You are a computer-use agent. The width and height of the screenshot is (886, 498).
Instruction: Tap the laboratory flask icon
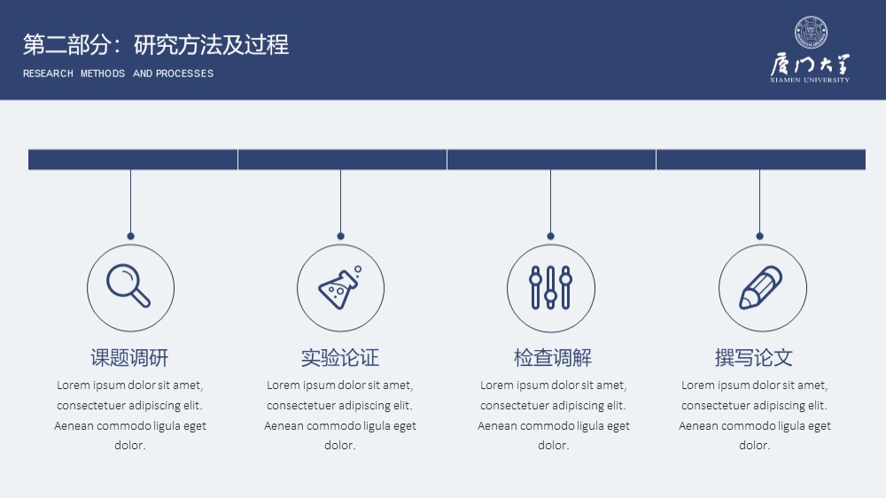(x=339, y=288)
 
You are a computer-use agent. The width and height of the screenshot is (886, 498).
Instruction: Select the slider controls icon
(x=551, y=288)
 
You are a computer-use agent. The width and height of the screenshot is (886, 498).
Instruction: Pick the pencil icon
(x=761, y=288)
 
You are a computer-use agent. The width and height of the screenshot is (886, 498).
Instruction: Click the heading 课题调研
(x=129, y=358)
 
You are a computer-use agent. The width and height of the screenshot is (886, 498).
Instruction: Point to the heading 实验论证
(x=340, y=358)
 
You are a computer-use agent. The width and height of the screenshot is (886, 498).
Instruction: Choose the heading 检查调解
(x=553, y=358)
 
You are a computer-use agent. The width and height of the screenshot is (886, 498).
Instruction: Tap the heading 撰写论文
(x=754, y=358)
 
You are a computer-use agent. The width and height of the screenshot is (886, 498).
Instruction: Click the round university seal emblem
(x=811, y=32)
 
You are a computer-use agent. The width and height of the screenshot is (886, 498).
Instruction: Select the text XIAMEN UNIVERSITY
(x=810, y=81)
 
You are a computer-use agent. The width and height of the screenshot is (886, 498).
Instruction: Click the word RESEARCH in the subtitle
(x=48, y=74)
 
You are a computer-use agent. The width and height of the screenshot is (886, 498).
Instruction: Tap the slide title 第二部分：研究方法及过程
(x=156, y=44)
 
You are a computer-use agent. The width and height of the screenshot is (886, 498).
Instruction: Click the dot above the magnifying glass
(x=130, y=237)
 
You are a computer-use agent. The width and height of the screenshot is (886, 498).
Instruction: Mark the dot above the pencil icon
(x=759, y=237)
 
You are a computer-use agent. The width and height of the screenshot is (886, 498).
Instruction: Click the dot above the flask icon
(x=340, y=237)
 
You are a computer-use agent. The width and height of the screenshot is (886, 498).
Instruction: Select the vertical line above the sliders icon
(x=550, y=201)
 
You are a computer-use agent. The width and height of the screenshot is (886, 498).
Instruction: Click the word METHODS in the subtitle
(x=103, y=74)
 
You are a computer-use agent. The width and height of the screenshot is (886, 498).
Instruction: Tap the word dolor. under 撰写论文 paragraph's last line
(x=754, y=446)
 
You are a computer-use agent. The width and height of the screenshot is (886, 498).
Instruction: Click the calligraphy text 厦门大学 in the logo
(x=810, y=65)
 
